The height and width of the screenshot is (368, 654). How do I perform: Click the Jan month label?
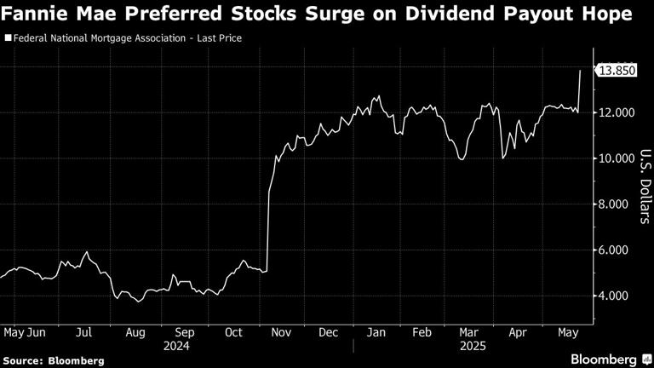click(x=375, y=334)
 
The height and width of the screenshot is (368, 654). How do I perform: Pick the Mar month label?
click(x=468, y=334)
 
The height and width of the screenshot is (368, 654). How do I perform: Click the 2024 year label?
click(x=177, y=347)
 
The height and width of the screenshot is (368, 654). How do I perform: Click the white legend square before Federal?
click(x=9, y=38)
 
